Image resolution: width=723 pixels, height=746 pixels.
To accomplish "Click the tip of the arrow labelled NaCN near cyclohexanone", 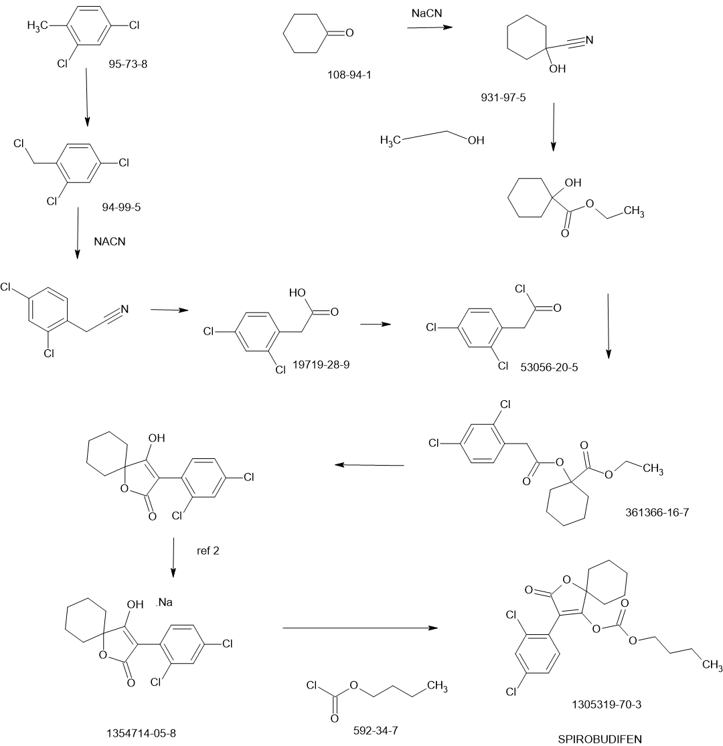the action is coord(452,27).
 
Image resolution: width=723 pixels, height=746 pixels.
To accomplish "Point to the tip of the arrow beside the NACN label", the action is coord(77,260).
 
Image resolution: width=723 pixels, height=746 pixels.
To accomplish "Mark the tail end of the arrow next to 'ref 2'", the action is coord(174,538).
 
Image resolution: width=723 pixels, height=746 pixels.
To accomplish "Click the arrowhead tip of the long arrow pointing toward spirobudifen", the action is coord(437,628).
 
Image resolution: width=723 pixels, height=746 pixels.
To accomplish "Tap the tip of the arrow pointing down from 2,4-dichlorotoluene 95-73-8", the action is coord(86,126).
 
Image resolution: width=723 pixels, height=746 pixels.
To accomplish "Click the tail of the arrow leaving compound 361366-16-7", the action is coord(404,465).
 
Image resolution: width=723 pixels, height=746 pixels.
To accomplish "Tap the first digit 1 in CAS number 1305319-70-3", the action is coord(574,705).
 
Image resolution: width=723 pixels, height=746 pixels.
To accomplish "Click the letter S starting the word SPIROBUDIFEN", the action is coord(561,739).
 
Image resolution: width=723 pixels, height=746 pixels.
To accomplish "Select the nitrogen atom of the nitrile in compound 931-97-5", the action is coord(590,40).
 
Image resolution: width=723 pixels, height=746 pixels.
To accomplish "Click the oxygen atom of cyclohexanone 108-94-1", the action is coord(349,33).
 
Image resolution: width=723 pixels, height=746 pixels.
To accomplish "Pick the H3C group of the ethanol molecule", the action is coord(390,141).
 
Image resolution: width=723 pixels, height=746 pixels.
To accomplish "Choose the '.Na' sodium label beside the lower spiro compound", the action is coord(164,602).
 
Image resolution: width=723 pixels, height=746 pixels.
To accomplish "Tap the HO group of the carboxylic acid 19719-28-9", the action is coord(297,292).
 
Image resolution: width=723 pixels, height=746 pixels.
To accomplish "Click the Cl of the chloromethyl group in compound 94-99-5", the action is coord(19,144).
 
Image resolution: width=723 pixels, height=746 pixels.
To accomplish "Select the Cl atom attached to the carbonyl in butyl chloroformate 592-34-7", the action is coord(312,686).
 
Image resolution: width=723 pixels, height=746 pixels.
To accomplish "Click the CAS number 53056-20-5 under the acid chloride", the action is coord(549,367).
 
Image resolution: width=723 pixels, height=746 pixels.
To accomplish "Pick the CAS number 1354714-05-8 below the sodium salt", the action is coord(141,733).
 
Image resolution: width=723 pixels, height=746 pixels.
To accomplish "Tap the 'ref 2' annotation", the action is coord(208,551).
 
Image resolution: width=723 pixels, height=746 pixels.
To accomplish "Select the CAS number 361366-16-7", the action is coord(657,512).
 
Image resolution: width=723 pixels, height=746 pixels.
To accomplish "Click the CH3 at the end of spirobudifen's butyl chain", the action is coord(712,664).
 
